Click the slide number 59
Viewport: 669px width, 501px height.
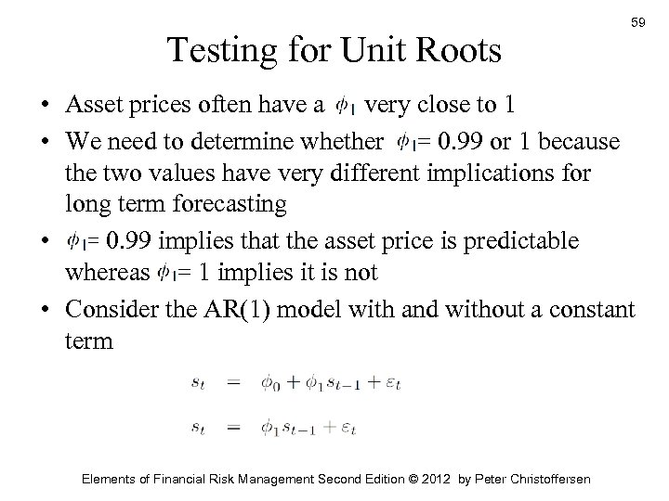636,20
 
